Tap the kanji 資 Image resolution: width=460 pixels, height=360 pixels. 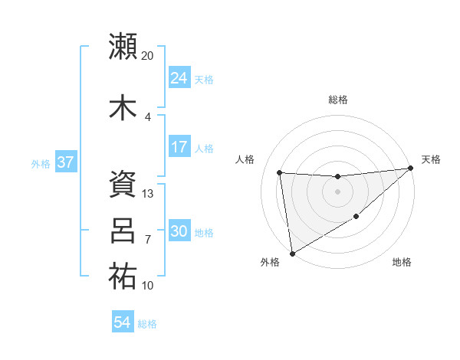123,185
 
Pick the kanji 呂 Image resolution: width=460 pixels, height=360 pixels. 123,230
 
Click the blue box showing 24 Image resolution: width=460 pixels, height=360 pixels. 179,78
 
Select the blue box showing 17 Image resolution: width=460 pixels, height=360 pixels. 179,147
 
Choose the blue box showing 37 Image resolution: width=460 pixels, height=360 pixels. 65,163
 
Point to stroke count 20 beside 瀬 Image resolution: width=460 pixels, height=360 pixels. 147,56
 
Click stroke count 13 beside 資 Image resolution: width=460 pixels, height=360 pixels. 148,194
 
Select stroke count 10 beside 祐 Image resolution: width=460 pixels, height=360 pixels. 148,286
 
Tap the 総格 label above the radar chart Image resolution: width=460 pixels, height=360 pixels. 337,100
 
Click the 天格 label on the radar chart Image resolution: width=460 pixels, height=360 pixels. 431,159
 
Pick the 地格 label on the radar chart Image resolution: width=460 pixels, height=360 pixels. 402,262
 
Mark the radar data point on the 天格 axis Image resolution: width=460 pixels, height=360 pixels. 411,169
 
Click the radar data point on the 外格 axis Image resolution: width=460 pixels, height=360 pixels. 292,253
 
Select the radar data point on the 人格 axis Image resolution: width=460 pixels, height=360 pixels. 280,173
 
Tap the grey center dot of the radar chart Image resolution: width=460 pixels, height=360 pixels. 337,191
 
